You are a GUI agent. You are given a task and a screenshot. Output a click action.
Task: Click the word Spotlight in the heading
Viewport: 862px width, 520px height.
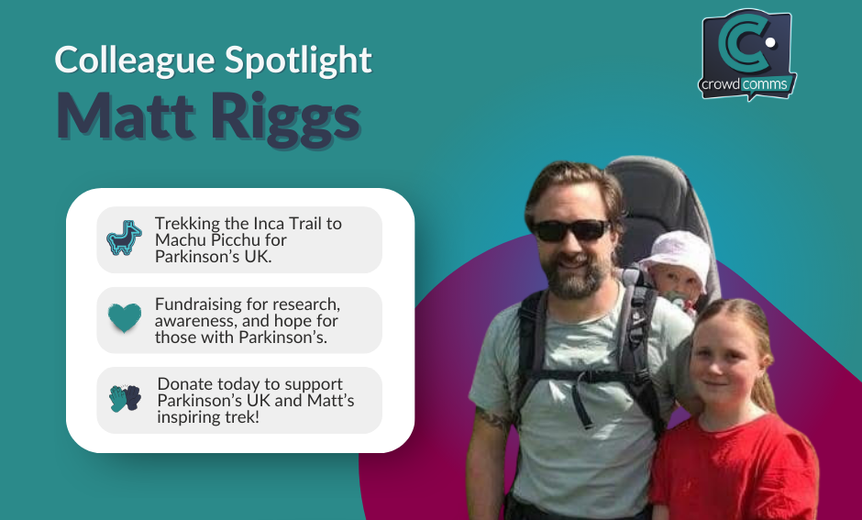point(299,61)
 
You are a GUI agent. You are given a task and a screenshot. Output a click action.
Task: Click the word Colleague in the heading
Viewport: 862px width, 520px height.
point(134,61)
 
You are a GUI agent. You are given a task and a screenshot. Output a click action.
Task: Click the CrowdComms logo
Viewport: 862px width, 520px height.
point(747,54)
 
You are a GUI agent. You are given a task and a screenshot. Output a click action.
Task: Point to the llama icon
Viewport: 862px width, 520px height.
point(124,238)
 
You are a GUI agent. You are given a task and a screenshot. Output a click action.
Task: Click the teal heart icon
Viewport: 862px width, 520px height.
point(124,317)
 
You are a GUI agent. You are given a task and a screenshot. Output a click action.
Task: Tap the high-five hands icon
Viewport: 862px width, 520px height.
point(125,398)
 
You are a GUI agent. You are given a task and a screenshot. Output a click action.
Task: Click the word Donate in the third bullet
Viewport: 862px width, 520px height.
point(183,383)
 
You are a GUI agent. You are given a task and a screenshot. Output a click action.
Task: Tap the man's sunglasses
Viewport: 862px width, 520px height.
point(571,230)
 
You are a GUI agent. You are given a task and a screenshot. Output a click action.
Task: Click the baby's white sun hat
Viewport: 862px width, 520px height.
point(676,256)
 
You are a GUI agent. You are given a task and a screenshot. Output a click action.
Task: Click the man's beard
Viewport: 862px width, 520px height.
point(576,276)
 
